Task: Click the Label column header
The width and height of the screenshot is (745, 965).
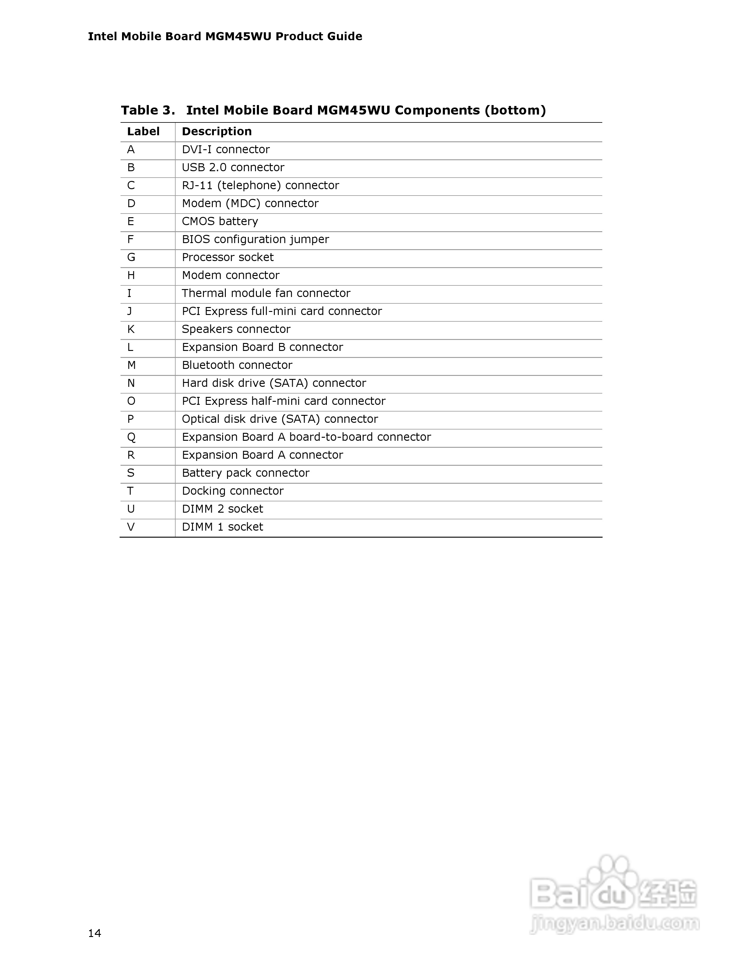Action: pyautogui.click(x=143, y=131)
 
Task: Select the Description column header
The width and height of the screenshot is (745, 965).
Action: pyautogui.click(x=217, y=131)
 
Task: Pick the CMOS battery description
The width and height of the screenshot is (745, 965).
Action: pyautogui.click(x=220, y=221)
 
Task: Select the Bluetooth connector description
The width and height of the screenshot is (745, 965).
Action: pyautogui.click(x=237, y=365)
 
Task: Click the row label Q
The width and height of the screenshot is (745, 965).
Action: pyautogui.click(x=131, y=437)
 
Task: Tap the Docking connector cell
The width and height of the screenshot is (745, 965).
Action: pyautogui.click(x=233, y=491)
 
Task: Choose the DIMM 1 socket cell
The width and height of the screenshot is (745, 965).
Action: pyautogui.click(x=222, y=527)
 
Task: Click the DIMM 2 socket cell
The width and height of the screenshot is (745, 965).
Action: pyautogui.click(x=222, y=509)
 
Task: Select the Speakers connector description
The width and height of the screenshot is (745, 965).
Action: pyautogui.click(x=236, y=329)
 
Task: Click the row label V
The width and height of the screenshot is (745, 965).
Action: pyautogui.click(x=131, y=527)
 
